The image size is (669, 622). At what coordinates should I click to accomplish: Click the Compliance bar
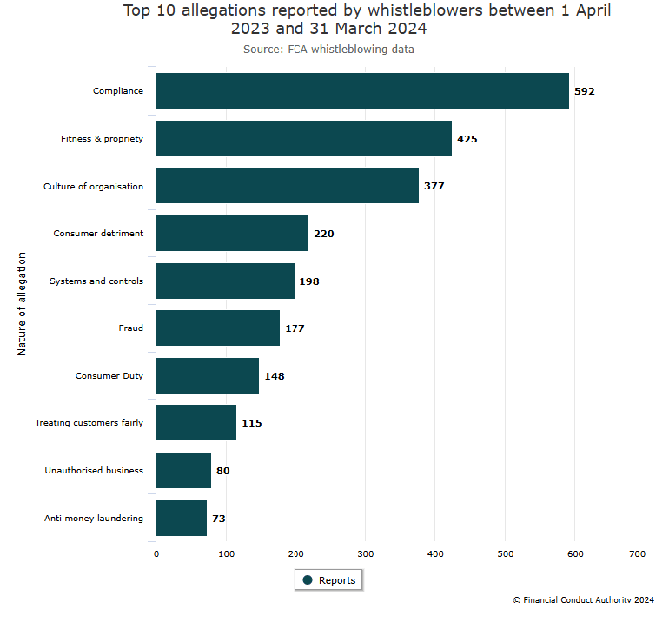pyautogui.click(x=362, y=91)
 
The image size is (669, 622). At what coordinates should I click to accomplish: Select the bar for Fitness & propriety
pyautogui.click(x=304, y=138)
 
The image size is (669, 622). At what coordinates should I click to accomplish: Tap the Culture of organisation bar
pyautogui.click(x=288, y=186)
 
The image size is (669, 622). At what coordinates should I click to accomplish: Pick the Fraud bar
pyautogui.click(x=218, y=328)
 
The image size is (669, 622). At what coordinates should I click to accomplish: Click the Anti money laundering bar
pyautogui.click(x=182, y=519)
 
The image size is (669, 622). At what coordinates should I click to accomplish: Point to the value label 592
pyautogui.click(x=585, y=91)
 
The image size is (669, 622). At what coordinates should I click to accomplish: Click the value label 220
pyautogui.click(x=324, y=234)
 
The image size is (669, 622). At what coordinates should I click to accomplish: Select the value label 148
pyautogui.click(x=275, y=376)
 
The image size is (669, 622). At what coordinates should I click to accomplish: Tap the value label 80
pyautogui.click(x=223, y=471)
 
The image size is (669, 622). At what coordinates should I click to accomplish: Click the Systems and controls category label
pyautogui.click(x=96, y=281)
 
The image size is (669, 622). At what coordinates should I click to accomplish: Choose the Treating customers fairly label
pyautogui.click(x=89, y=423)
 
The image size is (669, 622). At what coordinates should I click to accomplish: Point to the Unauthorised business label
pyautogui.click(x=94, y=471)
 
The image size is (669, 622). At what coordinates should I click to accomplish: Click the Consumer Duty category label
pyautogui.click(x=109, y=376)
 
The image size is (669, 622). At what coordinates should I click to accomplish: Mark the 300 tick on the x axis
pyautogui.click(x=366, y=553)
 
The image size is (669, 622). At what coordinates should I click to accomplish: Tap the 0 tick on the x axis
pyautogui.click(x=156, y=553)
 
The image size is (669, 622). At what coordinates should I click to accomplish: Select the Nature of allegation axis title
pyautogui.click(x=22, y=304)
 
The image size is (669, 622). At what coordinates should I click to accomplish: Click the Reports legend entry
pyautogui.click(x=328, y=580)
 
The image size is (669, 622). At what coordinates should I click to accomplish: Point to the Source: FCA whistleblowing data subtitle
pyautogui.click(x=328, y=50)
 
